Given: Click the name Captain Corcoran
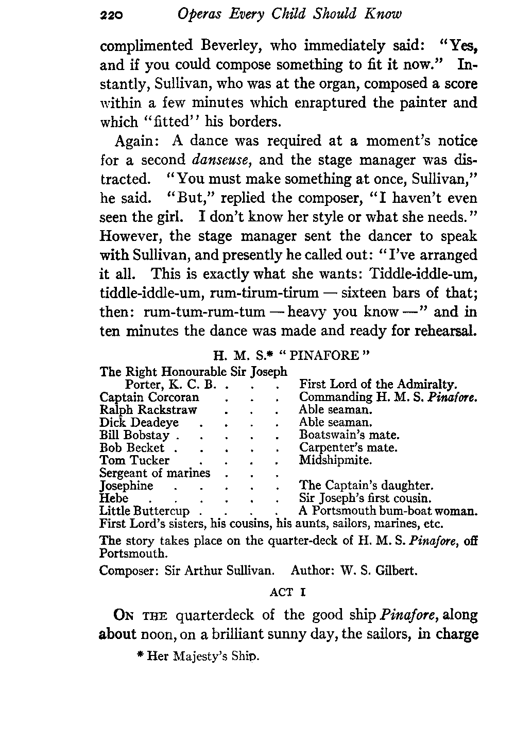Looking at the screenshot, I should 149,397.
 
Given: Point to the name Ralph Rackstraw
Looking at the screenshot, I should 148,410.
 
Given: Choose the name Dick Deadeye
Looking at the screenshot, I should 139,423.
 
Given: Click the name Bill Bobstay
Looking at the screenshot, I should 134,436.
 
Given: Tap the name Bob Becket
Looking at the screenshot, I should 132,448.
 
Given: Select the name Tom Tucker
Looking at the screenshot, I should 134,460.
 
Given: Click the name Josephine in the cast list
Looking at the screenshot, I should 126,486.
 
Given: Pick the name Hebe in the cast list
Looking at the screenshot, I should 113,498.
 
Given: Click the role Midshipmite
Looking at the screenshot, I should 335,460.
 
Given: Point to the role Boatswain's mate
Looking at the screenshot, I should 349,436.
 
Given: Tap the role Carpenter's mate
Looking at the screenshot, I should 348,448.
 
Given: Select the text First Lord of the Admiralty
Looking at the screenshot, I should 379,385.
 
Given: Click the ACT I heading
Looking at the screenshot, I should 288,592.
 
